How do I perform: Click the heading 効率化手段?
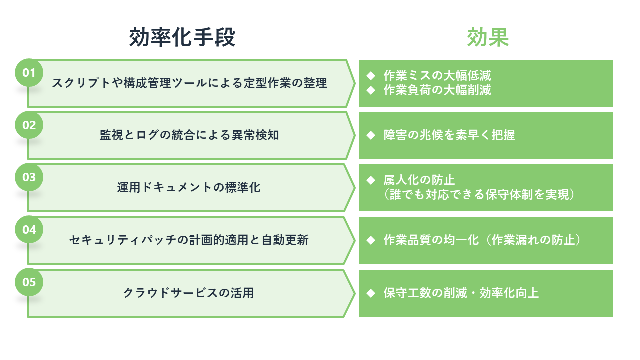pyautogui.click(x=182, y=37)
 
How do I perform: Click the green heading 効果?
pyautogui.click(x=488, y=37)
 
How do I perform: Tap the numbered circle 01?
pyautogui.click(x=29, y=73)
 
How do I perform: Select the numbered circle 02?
pyautogui.click(x=29, y=125)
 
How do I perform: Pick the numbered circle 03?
pyautogui.click(x=29, y=177)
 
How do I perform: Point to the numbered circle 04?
pyautogui.click(x=29, y=229)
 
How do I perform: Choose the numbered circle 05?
pyautogui.click(x=29, y=282)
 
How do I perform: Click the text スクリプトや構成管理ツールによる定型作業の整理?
pyautogui.click(x=189, y=83)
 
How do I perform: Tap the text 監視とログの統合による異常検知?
pyautogui.click(x=189, y=135)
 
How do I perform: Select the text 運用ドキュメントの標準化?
pyautogui.click(x=189, y=187)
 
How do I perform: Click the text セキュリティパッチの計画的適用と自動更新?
pyautogui.click(x=189, y=240)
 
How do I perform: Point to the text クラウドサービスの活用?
pyautogui.click(x=189, y=293)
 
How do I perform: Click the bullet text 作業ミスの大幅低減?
pyautogui.click(x=437, y=75)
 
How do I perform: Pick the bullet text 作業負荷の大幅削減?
pyautogui.click(x=437, y=90)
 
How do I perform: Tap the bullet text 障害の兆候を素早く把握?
pyautogui.click(x=449, y=135)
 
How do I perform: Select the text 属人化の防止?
pyautogui.click(x=419, y=180)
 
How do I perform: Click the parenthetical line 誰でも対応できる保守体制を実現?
pyautogui.click(x=479, y=195)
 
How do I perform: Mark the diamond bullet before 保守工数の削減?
pyautogui.click(x=371, y=293)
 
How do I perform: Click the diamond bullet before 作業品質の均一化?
pyautogui.click(x=371, y=240)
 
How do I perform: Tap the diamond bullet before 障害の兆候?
pyautogui.click(x=371, y=135)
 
